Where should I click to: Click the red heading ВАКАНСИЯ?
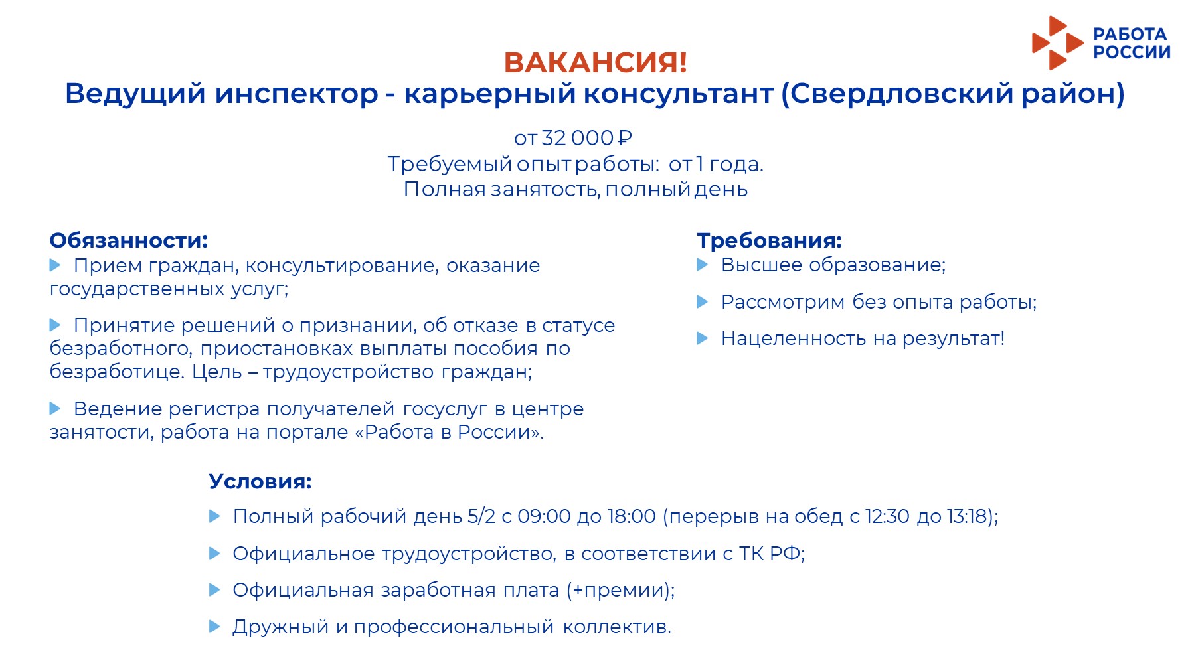[595, 62]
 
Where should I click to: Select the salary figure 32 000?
[577, 138]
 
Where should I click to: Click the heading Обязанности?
[129, 240]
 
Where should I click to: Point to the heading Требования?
[769, 240]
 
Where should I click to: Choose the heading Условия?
[260, 481]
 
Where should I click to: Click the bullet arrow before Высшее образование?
[703, 265]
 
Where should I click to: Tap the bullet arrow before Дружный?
[214, 626]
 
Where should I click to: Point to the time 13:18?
[967, 516]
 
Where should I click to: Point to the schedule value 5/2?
[481, 516]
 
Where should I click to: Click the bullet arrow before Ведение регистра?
[55, 408]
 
